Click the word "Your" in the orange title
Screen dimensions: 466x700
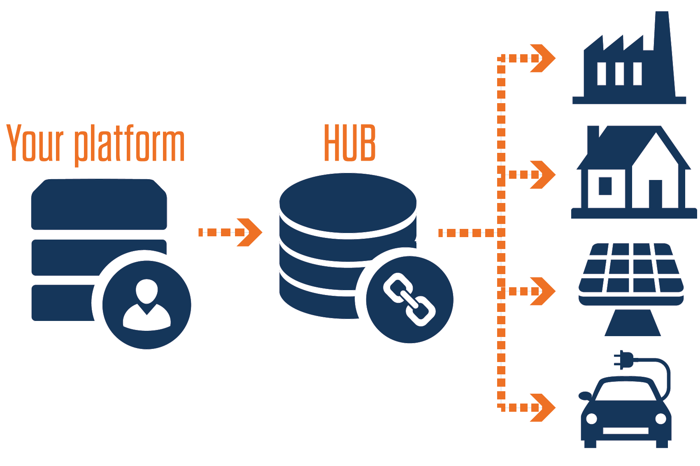[x=35, y=142]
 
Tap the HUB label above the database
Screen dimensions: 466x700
[x=350, y=143]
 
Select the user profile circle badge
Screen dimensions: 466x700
[x=147, y=305]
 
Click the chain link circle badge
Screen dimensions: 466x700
[x=409, y=299]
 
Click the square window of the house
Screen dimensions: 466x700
[x=605, y=186]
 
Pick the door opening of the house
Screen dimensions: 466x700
[x=655, y=194]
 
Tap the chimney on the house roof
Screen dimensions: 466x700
[x=593, y=136]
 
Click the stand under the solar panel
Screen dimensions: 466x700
[x=633, y=323]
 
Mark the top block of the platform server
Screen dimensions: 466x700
[x=99, y=204]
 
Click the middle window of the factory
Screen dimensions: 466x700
[x=619, y=74]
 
